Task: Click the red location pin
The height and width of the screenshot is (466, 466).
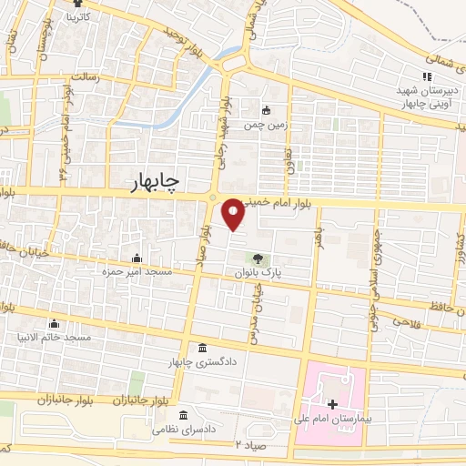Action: click(x=233, y=214)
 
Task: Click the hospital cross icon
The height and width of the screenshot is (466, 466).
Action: click(x=332, y=403)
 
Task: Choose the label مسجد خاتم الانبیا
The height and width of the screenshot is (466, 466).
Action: click(x=58, y=338)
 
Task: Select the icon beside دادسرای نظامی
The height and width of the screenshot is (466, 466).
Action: click(x=184, y=415)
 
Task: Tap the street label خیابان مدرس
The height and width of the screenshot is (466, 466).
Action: click(x=257, y=305)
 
